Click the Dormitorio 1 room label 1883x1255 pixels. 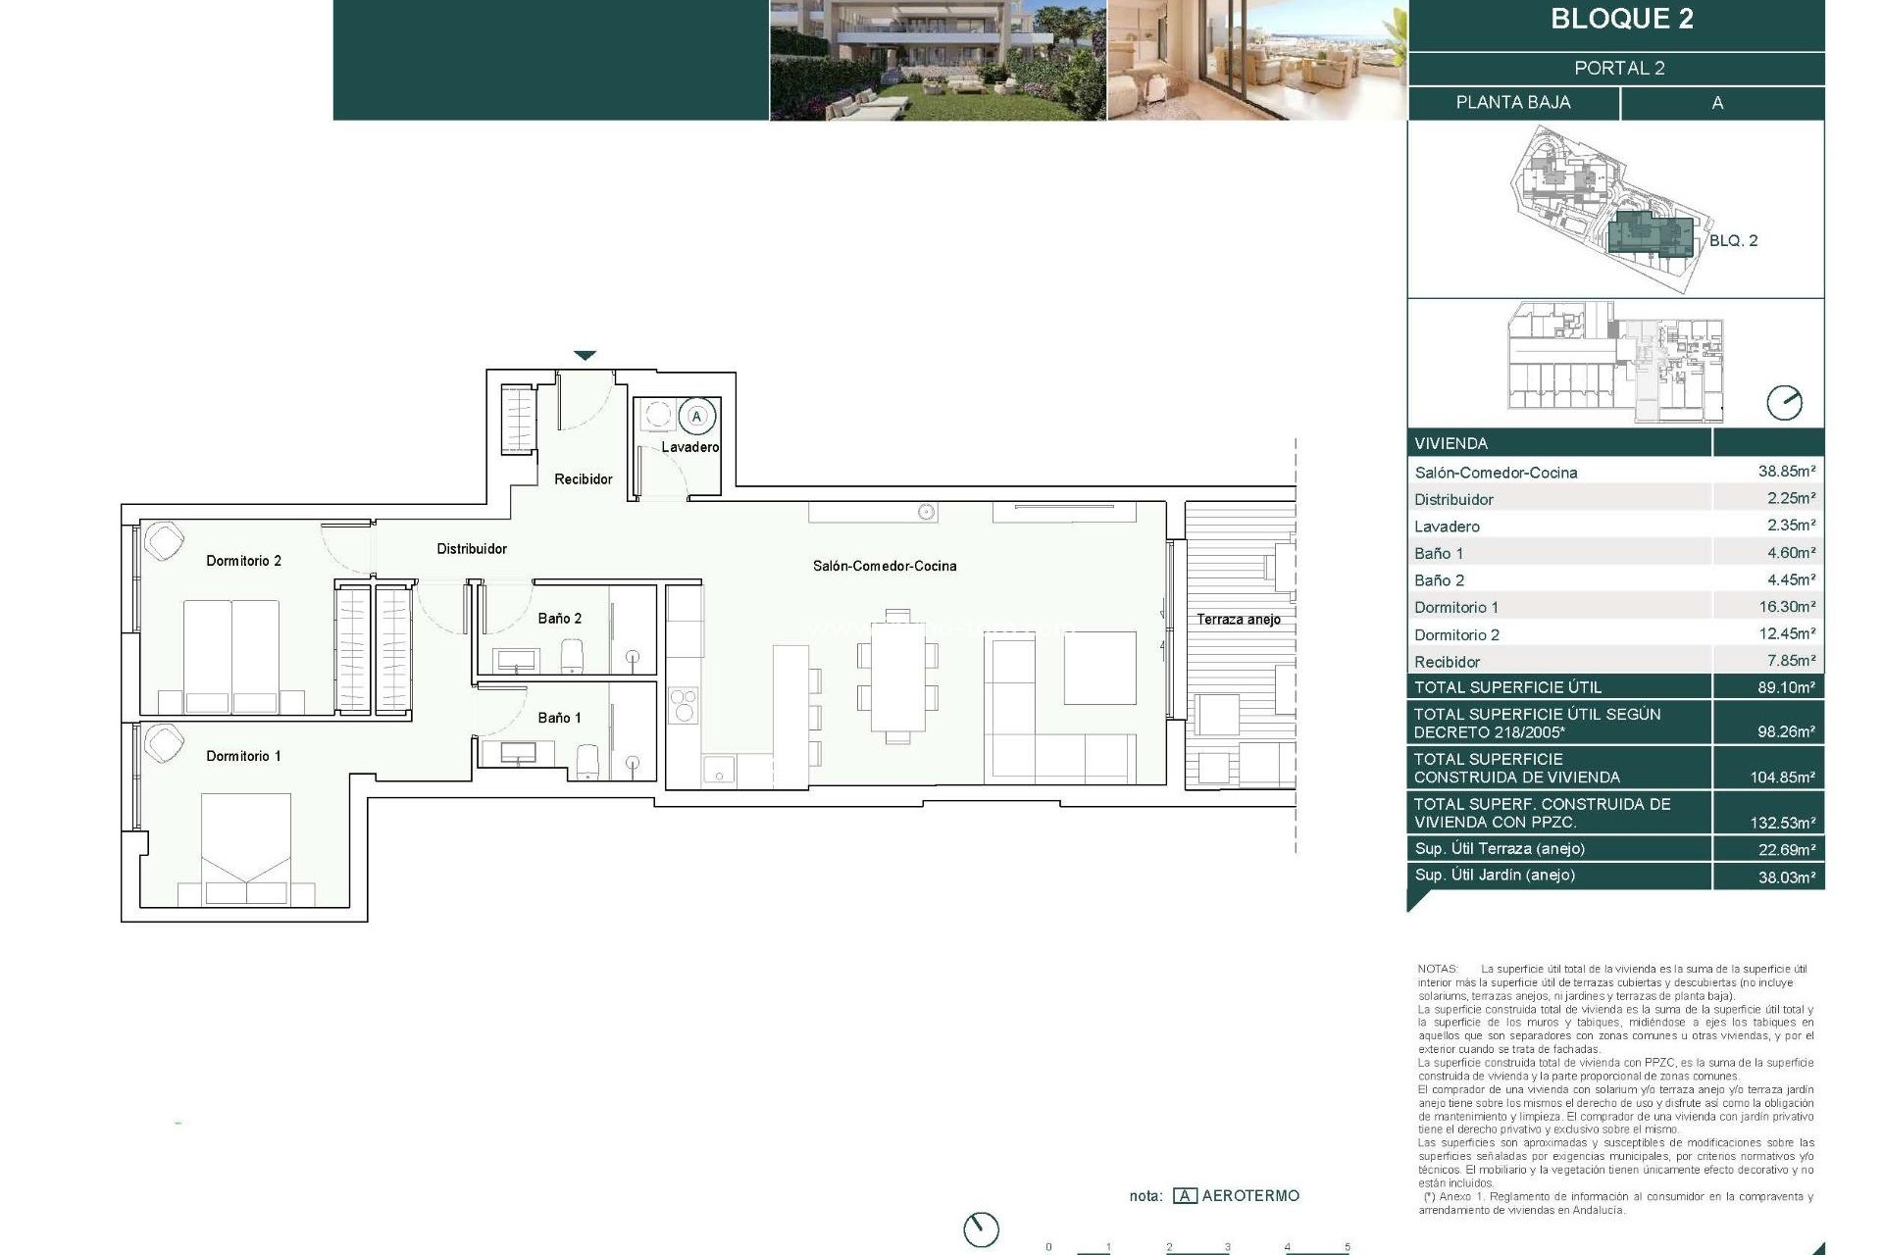(x=243, y=756)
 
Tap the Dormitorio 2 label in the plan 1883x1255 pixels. (x=243, y=561)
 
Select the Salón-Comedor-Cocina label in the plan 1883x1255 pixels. (x=884, y=566)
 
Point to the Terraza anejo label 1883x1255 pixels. (x=1238, y=620)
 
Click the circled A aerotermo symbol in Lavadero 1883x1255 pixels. (x=697, y=417)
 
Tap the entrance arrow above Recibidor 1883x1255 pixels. (x=585, y=356)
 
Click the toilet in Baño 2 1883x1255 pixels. (x=574, y=656)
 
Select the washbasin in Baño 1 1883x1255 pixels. (x=518, y=753)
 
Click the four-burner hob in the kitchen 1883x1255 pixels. (x=683, y=704)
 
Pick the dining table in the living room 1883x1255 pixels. (x=898, y=677)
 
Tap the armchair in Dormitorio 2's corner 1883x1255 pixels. (x=163, y=541)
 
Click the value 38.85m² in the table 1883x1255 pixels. (x=1786, y=472)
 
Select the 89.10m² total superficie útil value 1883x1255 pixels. (x=1786, y=687)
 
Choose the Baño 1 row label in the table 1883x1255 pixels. (x=1439, y=553)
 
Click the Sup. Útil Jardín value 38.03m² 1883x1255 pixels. (x=1786, y=877)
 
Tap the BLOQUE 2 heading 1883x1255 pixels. (x=1621, y=20)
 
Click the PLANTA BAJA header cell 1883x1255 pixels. (x=1512, y=103)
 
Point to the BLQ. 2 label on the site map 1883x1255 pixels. (x=1733, y=240)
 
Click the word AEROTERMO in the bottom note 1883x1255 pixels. (x=1250, y=1195)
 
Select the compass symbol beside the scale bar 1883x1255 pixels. (x=981, y=1230)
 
